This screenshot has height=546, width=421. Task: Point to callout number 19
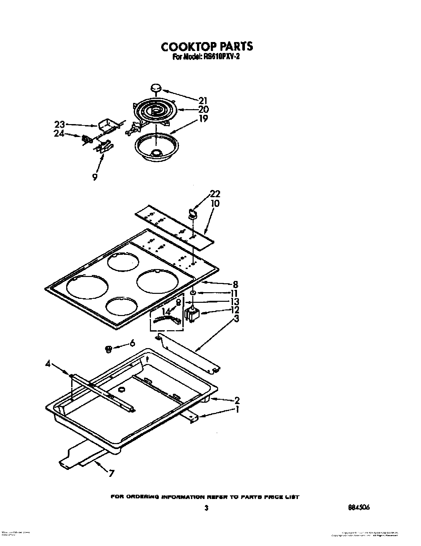(203, 118)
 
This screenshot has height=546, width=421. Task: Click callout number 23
(60, 125)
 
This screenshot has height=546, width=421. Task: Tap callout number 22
(215, 194)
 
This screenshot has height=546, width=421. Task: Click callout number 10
(215, 203)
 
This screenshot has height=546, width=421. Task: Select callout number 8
(235, 284)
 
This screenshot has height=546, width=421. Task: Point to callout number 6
(132, 343)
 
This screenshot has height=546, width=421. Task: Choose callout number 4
(48, 364)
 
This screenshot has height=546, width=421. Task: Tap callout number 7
(111, 474)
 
